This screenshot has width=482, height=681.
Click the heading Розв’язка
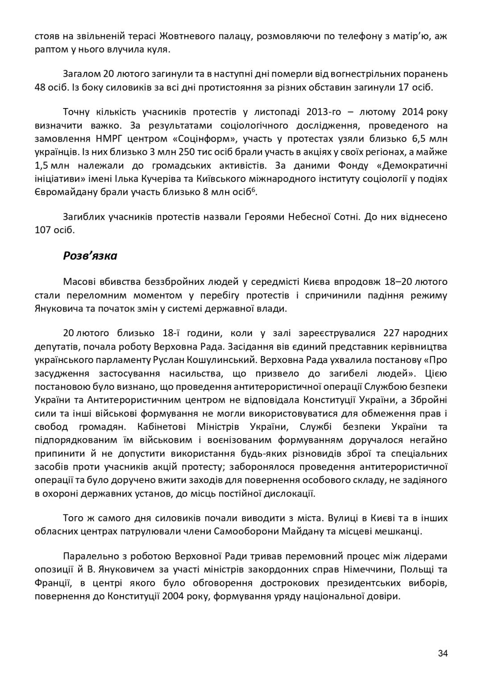point(90,255)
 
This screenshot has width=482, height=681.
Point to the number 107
point(43,230)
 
